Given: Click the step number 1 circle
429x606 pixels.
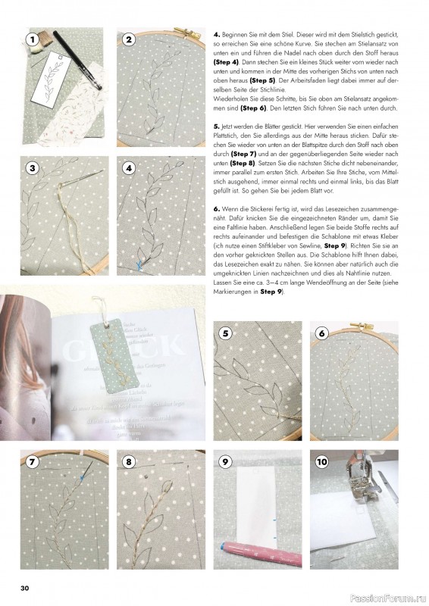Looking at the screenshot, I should pos(31,40).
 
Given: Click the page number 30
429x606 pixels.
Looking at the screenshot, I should pos(25,588).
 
